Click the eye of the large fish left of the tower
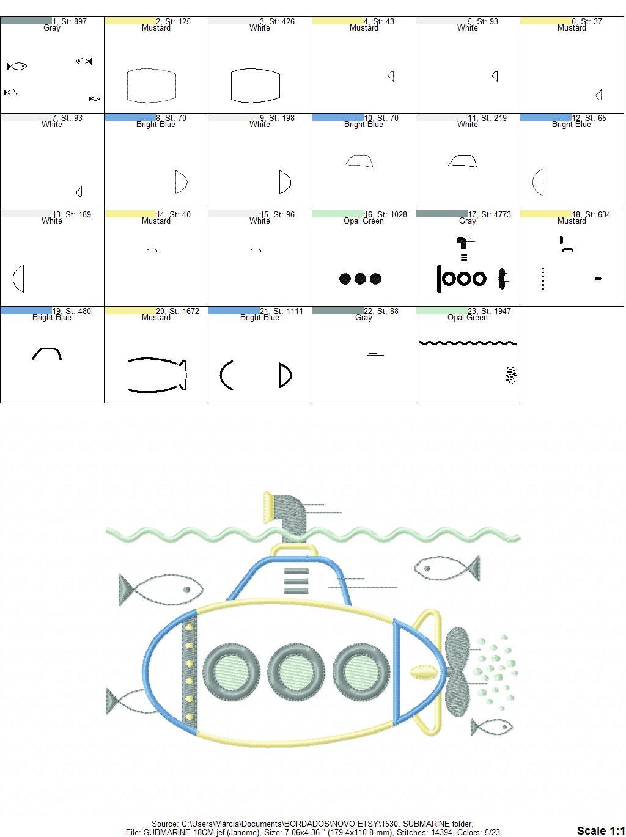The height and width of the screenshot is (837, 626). coord(187,590)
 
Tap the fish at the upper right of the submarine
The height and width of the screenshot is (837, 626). coord(446,569)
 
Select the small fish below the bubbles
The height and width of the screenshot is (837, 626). coord(492,727)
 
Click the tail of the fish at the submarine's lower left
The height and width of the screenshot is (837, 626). coord(112,701)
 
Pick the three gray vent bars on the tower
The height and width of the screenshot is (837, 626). coord(296,580)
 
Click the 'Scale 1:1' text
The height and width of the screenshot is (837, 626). coord(600,830)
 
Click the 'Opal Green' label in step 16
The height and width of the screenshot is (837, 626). coord(363,221)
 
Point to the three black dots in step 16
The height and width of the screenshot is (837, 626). coord(360,279)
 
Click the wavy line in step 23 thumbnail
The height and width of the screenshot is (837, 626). coord(468,343)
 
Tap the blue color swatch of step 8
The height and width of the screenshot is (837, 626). coord(130,117)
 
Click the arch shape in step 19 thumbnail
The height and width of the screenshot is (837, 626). coord(46,353)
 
